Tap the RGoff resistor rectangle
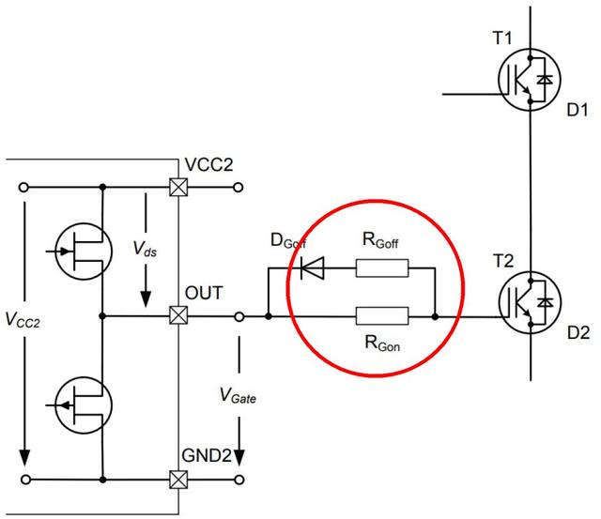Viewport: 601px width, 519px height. click(382, 270)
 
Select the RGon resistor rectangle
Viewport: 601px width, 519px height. click(382, 317)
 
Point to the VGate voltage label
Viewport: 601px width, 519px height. click(239, 398)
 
